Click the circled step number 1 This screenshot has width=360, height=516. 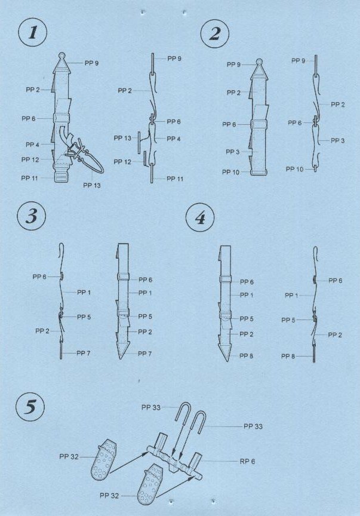click(33, 32)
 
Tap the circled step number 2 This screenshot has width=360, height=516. click(215, 33)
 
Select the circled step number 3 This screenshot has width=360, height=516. click(31, 216)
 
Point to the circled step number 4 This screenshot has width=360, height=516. click(200, 217)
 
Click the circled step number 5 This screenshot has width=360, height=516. click(30, 407)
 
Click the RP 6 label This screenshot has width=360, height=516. click(247, 462)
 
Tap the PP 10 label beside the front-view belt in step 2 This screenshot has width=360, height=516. click(230, 172)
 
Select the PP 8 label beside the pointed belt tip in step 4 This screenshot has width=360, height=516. click(246, 356)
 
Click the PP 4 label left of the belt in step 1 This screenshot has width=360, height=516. click(32, 145)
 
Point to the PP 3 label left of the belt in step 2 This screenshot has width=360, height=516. click(233, 152)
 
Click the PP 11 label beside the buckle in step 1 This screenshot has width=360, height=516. click(30, 178)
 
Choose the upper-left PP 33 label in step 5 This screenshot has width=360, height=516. click(151, 407)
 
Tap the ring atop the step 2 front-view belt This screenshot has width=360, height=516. click(259, 62)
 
